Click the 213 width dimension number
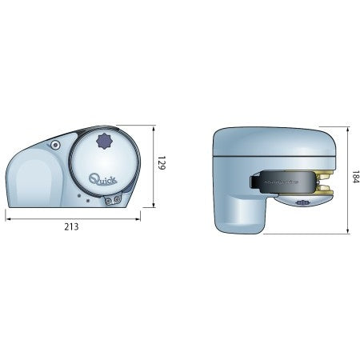(71, 226)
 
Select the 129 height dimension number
(162, 163)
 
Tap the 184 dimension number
(355, 177)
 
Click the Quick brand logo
(103, 178)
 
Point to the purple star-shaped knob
(103, 141)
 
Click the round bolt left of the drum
(55, 146)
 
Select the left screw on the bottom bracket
(109, 200)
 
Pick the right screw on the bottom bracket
(117, 199)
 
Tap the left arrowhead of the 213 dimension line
(8, 219)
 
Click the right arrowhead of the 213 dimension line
(138, 219)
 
